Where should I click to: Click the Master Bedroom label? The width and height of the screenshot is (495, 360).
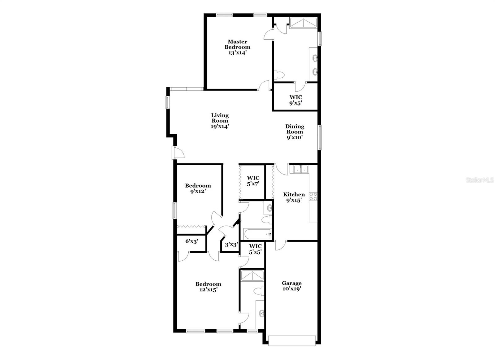pyautogui.click(x=237, y=47)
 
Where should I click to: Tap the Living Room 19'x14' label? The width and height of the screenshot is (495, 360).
pyautogui.click(x=220, y=121)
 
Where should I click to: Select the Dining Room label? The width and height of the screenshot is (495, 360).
pyautogui.click(x=295, y=132)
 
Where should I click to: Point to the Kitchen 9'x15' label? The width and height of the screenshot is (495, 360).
pyautogui.click(x=294, y=197)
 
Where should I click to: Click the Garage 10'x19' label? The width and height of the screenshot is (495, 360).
pyautogui.click(x=291, y=286)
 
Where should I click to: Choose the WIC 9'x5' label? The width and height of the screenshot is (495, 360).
pyautogui.click(x=295, y=100)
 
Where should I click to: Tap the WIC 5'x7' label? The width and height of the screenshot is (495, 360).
pyautogui.click(x=253, y=181)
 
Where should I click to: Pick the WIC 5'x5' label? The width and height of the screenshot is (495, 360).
pyautogui.click(x=255, y=249)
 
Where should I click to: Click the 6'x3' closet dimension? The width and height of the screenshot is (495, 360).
pyautogui.click(x=192, y=241)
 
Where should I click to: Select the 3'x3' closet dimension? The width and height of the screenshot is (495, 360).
pyautogui.click(x=231, y=245)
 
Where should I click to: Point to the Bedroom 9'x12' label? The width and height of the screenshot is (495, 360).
pyautogui.click(x=198, y=189)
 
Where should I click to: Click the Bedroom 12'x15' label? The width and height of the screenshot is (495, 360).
pyautogui.click(x=208, y=287)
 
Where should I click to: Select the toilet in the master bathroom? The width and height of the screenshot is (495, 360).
pyautogui.click(x=279, y=75)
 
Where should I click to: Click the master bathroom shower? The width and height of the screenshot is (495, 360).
pyautogui.click(x=303, y=23)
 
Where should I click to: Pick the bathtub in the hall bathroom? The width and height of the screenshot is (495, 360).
pyautogui.click(x=257, y=234)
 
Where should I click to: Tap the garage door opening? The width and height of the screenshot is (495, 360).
pyautogui.click(x=292, y=340)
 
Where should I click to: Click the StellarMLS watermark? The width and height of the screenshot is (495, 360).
pyautogui.click(x=480, y=180)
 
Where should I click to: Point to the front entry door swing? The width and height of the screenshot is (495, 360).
pyautogui.click(x=179, y=153)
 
